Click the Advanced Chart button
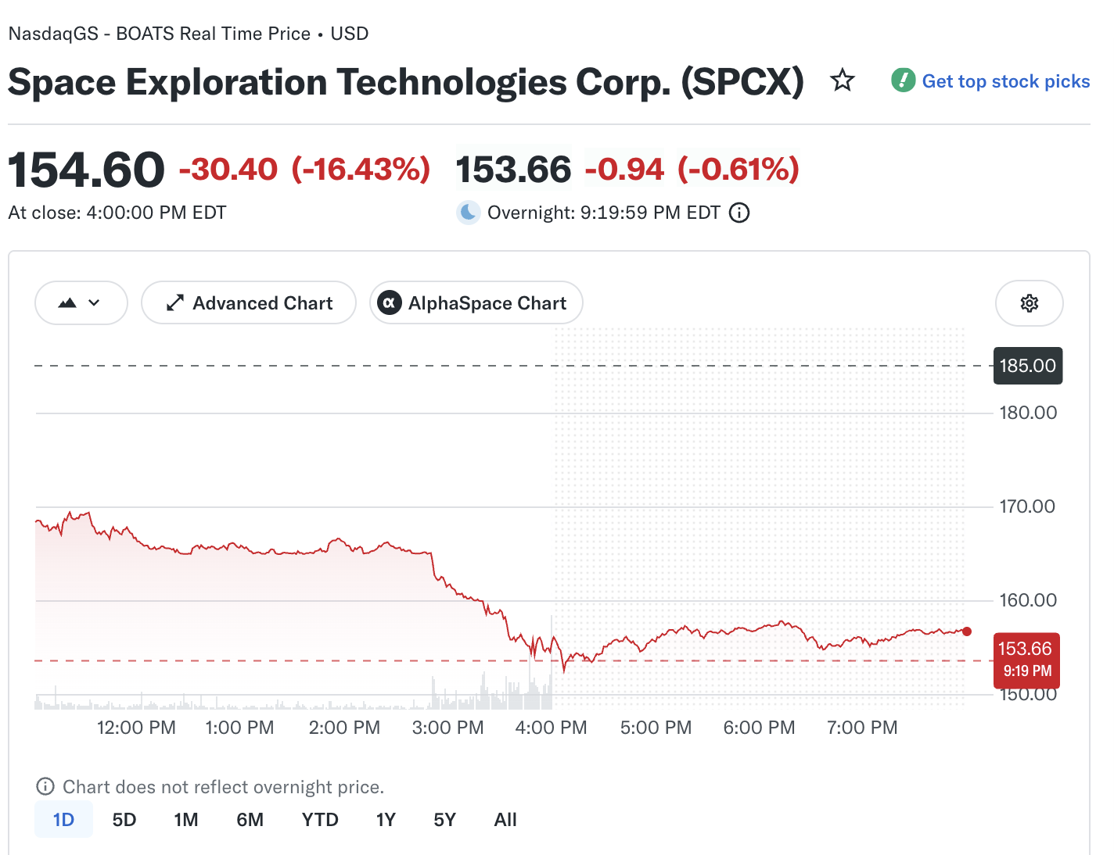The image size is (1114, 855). pos(249,302)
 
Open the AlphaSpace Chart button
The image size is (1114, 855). pos(476,302)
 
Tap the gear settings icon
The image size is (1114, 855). pos(1029,303)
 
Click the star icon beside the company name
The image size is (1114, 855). pos(843,80)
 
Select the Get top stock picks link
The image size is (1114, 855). pos(990,81)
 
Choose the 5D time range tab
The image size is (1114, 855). pos(124,820)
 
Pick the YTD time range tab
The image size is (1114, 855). pos(320,820)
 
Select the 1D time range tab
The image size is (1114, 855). pos(63,820)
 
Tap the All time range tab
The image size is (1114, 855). pos(505,820)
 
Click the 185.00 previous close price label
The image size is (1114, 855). pos(1028,366)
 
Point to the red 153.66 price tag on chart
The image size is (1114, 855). pos(1026,660)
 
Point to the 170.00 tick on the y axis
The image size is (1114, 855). pos(1027,506)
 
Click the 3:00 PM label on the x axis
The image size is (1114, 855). pos(447,727)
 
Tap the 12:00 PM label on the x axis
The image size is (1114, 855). pos(136,727)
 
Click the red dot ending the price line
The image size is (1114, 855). pos(967,631)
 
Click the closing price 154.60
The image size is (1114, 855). pos(86,170)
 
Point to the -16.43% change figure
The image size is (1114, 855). pos(361,169)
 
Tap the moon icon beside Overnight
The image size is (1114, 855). pos(468,213)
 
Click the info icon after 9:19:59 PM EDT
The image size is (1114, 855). pos(738,213)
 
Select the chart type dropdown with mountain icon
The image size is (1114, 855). pos(81,302)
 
